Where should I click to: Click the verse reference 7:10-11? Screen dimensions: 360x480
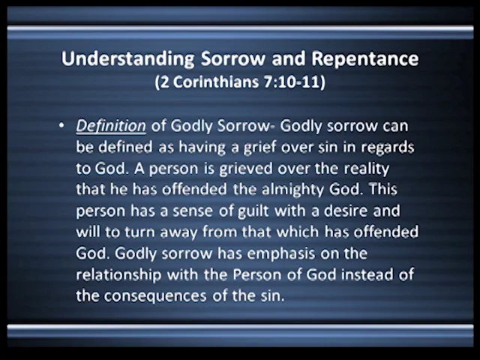291,81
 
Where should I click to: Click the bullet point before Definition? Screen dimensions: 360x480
61,125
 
